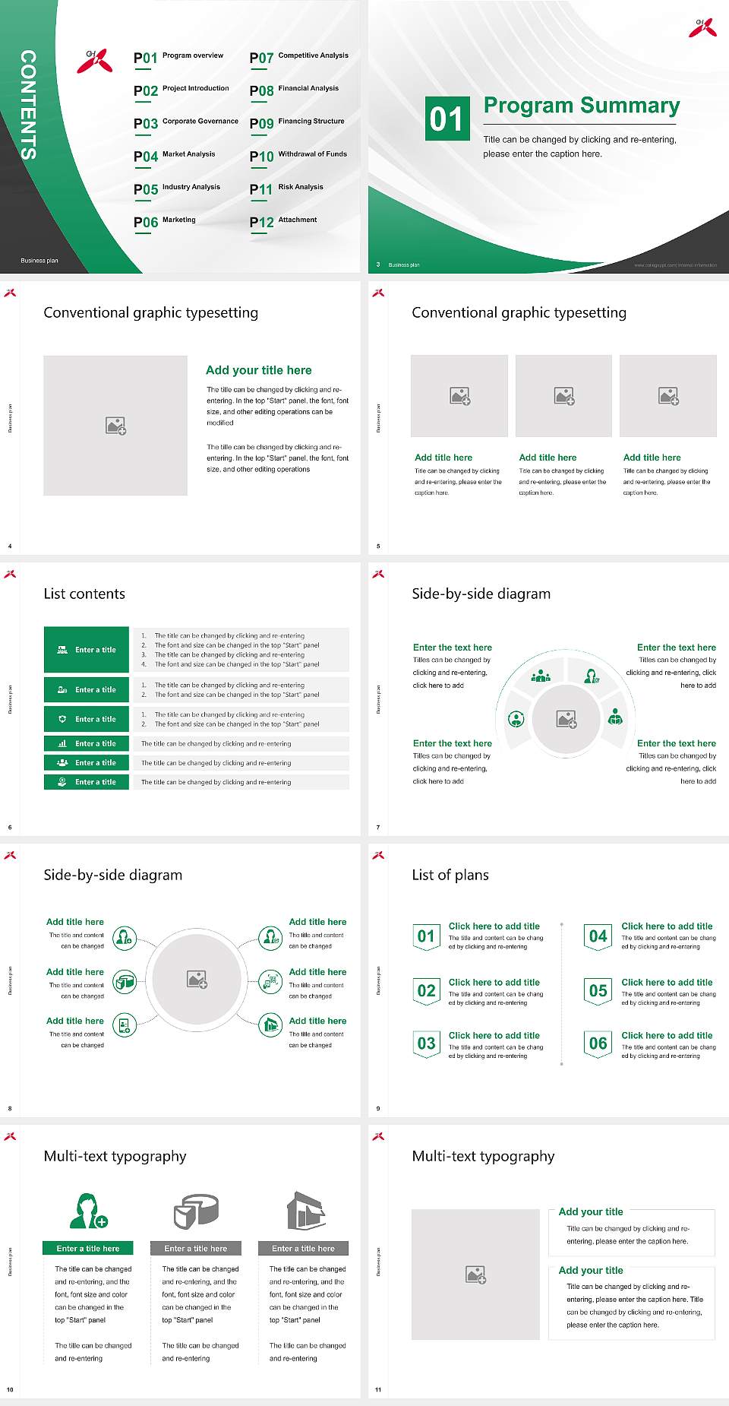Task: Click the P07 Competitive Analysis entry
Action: (298, 57)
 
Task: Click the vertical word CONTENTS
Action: (28, 105)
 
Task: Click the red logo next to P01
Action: (94, 61)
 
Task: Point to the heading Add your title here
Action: (258, 370)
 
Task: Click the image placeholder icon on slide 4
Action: (115, 426)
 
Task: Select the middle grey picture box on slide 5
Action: (563, 396)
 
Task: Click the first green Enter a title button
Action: (87, 650)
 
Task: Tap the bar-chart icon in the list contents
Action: (62, 743)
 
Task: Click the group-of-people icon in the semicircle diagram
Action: (541, 675)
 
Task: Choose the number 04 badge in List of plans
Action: (598, 936)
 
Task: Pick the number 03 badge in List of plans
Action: (427, 1043)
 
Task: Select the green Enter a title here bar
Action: (88, 1248)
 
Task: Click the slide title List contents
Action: (84, 594)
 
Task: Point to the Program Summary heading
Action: (581, 106)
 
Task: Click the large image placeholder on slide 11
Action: (475, 1275)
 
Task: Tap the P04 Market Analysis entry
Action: (175, 156)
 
